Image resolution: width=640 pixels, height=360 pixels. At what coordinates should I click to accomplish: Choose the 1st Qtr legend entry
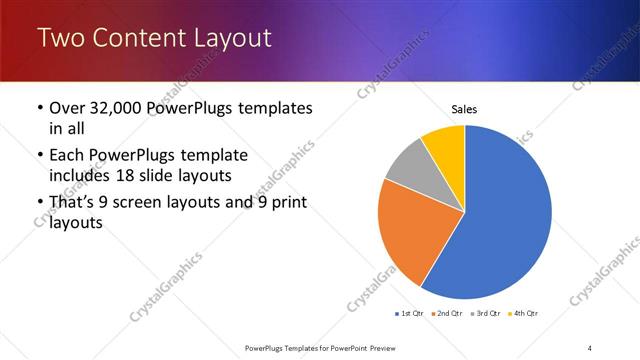[x=411, y=314]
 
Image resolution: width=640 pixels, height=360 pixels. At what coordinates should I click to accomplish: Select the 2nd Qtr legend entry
[x=448, y=314]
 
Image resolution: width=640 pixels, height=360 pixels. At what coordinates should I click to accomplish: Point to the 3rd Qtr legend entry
[x=485, y=314]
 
